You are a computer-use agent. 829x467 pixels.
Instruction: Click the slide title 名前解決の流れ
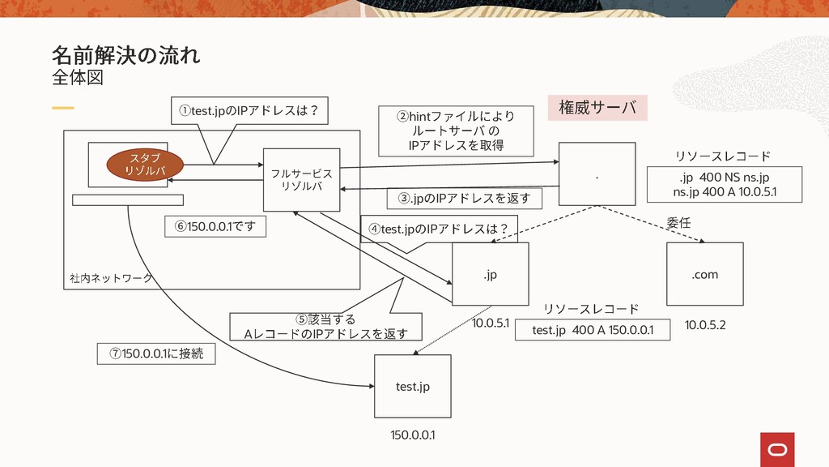[x=125, y=55]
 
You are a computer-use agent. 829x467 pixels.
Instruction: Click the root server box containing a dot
[x=597, y=174]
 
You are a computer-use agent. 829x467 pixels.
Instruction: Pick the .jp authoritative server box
[x=490, y=275]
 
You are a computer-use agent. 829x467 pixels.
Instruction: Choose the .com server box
[x=704, y=275]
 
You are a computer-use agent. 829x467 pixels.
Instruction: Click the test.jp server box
[x=412, y=387]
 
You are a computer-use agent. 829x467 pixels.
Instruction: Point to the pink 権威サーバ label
[x=597, y=107]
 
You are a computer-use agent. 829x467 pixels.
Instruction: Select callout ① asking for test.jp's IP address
[x=249, y=111]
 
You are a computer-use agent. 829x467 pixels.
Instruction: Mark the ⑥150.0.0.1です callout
[x=215, y=226]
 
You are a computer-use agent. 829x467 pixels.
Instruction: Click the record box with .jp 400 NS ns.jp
[x=724, y=184]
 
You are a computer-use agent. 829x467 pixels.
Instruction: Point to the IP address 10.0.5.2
[x=705, y=325]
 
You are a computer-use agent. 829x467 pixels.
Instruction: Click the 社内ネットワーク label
[x=111, y=278]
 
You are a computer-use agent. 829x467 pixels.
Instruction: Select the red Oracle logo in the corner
[x=777, y=450]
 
